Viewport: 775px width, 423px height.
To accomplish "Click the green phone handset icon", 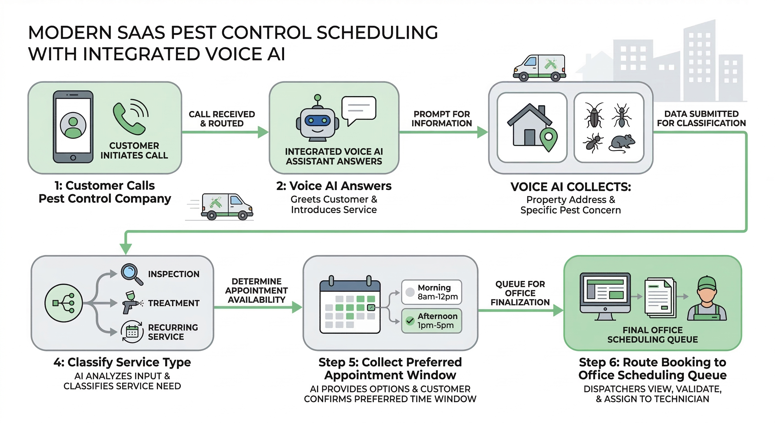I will point(128,120).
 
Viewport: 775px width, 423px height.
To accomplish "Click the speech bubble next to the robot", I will point(358,109).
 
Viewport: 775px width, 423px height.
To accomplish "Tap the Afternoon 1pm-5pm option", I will point(432,321).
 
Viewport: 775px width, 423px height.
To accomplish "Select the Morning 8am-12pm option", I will point(432,292).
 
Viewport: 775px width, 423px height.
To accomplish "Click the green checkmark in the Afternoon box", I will point(410,321).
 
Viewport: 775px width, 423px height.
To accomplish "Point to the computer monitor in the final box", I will point(605,294).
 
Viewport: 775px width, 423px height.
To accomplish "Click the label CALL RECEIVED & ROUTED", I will point(222,119).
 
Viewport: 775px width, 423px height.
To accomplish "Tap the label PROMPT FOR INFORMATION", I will point(441,119).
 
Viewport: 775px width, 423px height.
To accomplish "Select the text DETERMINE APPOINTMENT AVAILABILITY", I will point(256,290).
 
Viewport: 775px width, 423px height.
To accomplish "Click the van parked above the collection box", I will point(539,68).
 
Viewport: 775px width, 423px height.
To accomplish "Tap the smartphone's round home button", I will point(73,158).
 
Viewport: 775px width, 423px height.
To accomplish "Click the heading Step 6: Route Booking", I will point(652,362).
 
